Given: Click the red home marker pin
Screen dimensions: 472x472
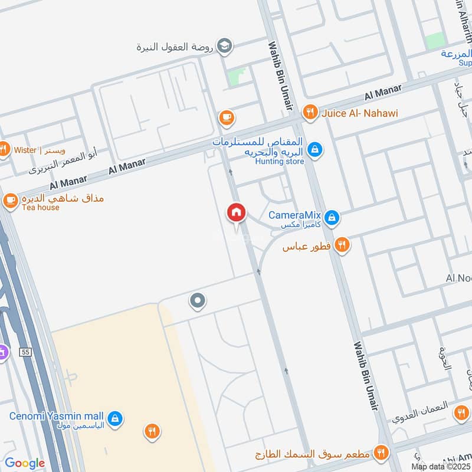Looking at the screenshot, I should coord(237,213).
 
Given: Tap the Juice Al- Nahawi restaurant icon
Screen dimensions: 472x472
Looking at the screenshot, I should coord(309,112).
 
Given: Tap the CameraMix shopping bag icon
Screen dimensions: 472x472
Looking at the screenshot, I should coord(332,218).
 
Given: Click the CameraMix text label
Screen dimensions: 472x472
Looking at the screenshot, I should coord(296,216).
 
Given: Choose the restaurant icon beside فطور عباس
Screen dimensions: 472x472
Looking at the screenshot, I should coord(342,244).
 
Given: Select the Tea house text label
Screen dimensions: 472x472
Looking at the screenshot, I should coord(41,208).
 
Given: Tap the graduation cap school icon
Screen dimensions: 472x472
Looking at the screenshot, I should coord(225,45).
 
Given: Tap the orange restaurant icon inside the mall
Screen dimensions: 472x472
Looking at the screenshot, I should coord(152,432).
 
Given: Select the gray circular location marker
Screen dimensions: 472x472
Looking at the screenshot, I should coord(198,302).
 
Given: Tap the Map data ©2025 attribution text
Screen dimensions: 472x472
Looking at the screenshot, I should coord(441,467).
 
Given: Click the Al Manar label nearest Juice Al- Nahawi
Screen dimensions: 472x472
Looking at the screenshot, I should coord(383,91).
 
